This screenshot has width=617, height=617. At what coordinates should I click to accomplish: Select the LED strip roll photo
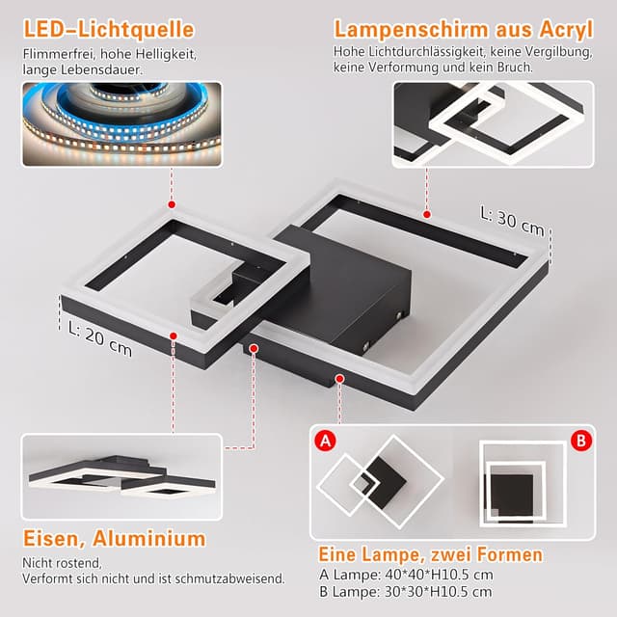[x=121, y=124]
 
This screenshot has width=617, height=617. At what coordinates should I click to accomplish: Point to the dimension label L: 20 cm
[x=100, y=337]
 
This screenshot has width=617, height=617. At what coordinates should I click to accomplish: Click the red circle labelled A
[x=327, y=442]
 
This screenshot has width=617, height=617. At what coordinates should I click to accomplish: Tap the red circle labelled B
[x=580, y=441]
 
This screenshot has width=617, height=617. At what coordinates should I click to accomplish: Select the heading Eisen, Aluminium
[x=114, y=538]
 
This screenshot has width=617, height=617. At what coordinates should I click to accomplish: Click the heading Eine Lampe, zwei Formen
[x=430, y=554]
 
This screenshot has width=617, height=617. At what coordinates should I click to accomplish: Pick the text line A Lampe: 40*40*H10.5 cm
[x=405, y=575]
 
